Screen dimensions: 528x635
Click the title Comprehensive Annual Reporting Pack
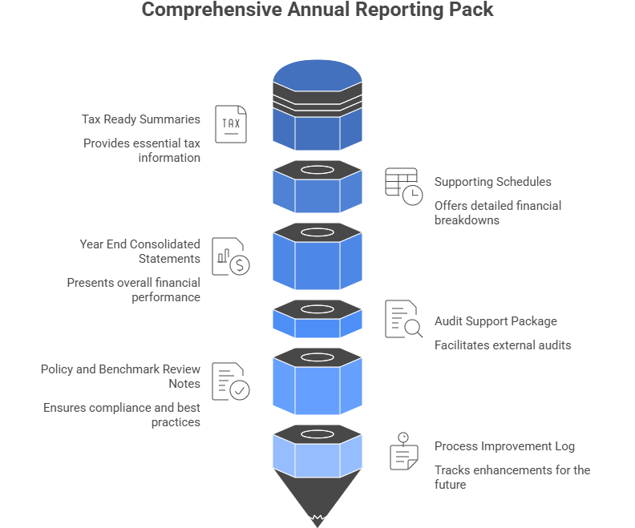point(317,10)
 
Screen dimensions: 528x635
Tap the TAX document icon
point(231,124)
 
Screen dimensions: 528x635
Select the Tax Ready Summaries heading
point(140,119)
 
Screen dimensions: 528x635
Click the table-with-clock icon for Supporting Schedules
point(403,187)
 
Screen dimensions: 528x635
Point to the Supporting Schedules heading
point(492,182)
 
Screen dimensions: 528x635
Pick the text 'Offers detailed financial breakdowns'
point(497,212)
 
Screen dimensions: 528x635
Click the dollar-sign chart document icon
point(230,256)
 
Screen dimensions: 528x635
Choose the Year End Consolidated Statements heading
point(140,252)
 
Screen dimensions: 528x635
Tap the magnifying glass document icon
point(403,319)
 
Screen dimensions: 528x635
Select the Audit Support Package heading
point(495,321)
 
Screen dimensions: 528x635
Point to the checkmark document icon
point(231,381)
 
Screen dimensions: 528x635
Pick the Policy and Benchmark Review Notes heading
point(120,377)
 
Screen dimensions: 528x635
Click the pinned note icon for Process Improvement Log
point(404,451)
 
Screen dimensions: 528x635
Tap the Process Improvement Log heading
point(504,446)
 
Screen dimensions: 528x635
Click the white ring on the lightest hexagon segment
point(317,435)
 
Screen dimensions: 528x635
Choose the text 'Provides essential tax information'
point(141,150)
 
